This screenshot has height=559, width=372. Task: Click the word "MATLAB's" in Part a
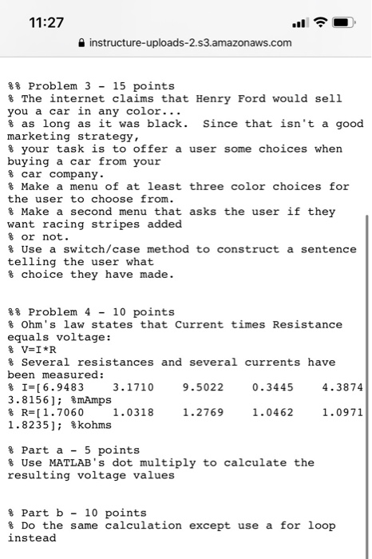coord(83,462)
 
